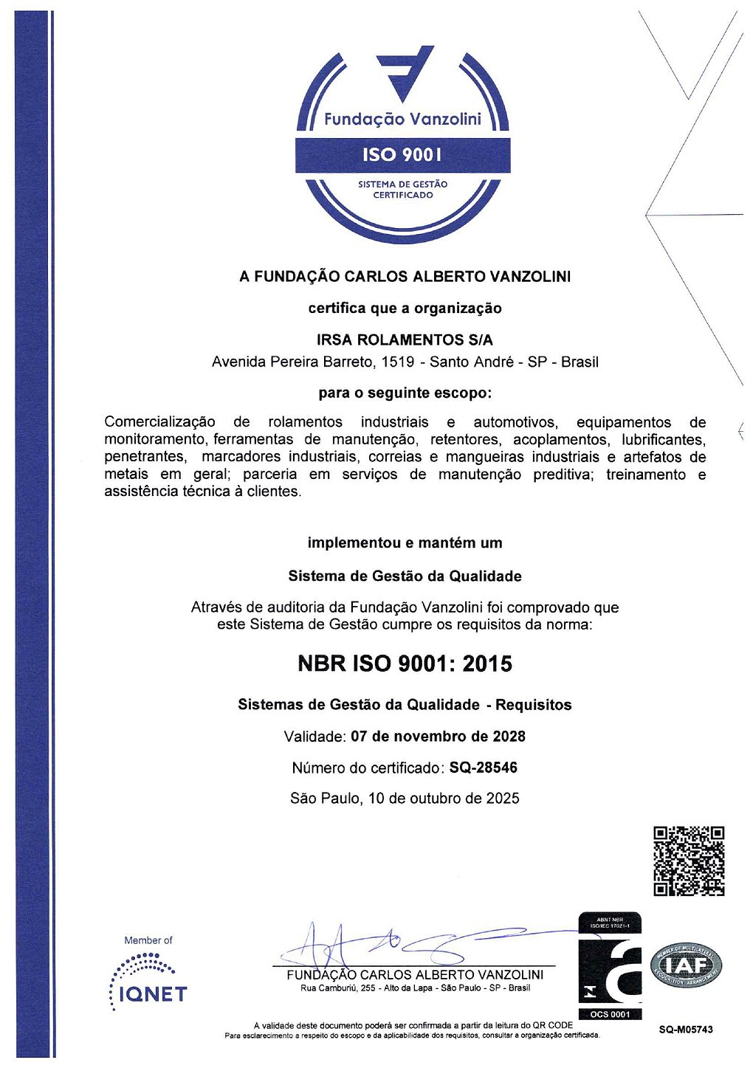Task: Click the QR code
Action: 688,861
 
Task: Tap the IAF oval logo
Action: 686,965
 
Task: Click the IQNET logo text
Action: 154,993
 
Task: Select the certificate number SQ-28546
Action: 484,768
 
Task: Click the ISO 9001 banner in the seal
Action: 402,154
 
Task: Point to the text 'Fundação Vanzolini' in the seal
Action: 402,119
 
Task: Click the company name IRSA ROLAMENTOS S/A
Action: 405,340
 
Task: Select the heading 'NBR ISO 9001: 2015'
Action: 405,664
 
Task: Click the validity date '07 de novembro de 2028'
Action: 438,736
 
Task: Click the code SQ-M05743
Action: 686,1030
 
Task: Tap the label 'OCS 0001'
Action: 610,1014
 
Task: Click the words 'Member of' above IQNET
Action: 148,940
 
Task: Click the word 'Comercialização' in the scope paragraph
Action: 160,422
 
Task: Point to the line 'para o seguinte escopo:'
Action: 405,393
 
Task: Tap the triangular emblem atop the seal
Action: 405,72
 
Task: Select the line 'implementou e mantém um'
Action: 405,543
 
